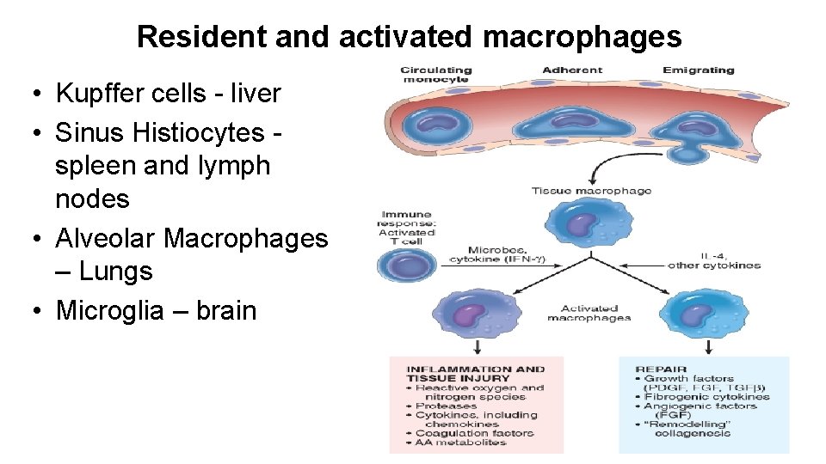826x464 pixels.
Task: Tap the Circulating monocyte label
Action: click(436, 75)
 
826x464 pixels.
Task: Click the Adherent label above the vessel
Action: click(571, 70)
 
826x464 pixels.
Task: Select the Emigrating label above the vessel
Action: click(698, 70)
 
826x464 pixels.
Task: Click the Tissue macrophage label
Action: click(591, 191)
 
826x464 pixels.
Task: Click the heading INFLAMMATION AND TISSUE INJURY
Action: click(475, 373)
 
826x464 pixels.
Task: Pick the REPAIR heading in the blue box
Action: click(660, 369)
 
